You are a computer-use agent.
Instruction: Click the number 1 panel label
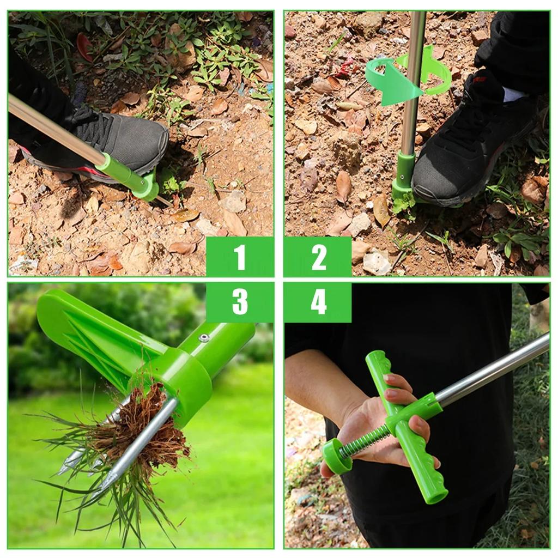240,257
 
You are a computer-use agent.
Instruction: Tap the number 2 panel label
318,257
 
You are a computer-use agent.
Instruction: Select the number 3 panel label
240,302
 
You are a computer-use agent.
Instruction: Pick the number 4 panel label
318,302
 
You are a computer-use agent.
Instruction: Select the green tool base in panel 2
403,174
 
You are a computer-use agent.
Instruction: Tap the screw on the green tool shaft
204,338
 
